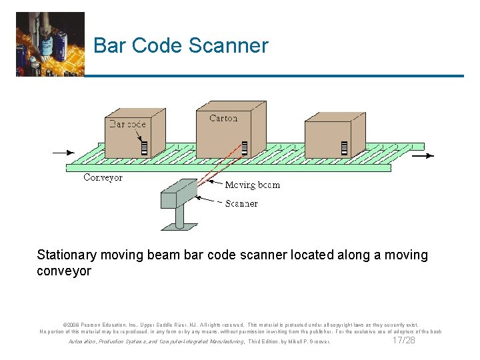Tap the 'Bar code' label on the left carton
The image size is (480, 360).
click(127, 124)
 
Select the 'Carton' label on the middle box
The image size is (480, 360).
click(223, 118)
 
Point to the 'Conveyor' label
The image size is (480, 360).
click(103, 177)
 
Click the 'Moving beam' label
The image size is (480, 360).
click(252, 185)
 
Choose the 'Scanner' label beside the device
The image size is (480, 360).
click(241, 203)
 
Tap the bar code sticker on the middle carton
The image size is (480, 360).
click(245, 148)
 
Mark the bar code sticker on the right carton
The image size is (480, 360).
click(345, 148)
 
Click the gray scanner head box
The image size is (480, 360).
click(179, 193)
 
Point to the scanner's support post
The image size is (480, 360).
click(179, 217)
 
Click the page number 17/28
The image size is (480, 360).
click(405, 341)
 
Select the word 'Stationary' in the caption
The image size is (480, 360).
click(67, 255)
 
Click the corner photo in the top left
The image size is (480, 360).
click(50, 44)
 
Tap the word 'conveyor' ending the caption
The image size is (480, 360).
click(64, 271)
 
